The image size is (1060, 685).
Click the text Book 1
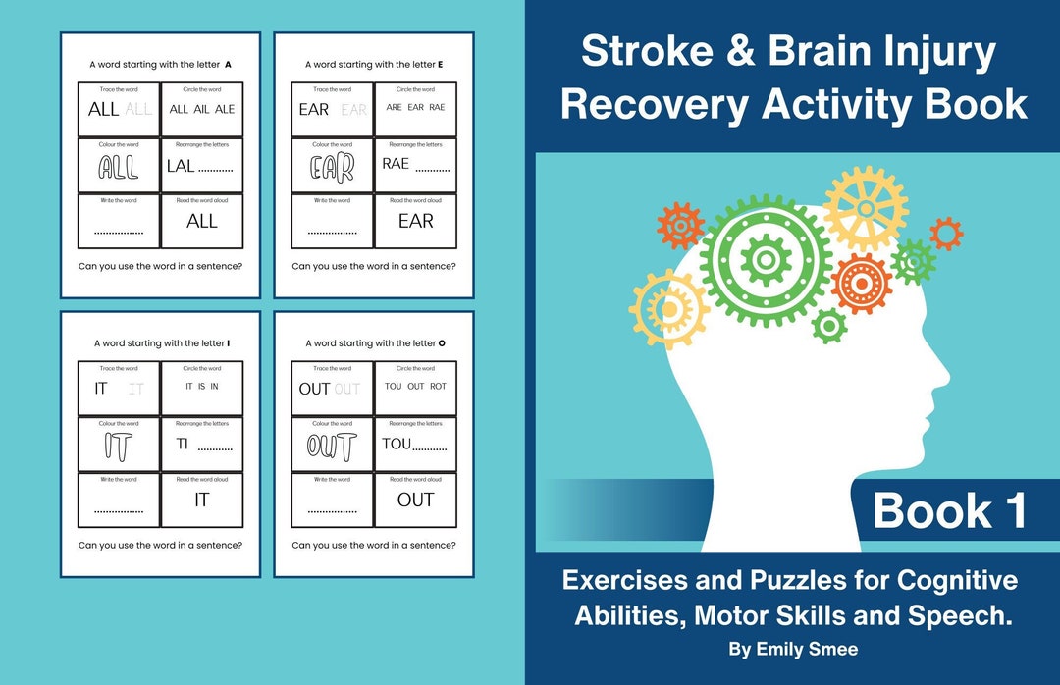949,511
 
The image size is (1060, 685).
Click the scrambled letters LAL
181,166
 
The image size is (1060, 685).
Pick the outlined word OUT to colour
332,447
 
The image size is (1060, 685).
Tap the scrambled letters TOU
397,444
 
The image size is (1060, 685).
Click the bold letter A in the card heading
228,65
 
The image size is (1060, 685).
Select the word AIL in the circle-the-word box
201,109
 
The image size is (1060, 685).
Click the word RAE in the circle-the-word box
437,107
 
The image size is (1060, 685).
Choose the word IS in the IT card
201,387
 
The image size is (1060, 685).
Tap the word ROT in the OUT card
438,387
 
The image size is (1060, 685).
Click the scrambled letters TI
183,444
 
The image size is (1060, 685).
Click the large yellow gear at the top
865,208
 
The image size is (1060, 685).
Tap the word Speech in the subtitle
966,616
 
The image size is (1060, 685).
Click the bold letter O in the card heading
442,343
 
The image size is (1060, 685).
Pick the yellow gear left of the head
669,309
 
